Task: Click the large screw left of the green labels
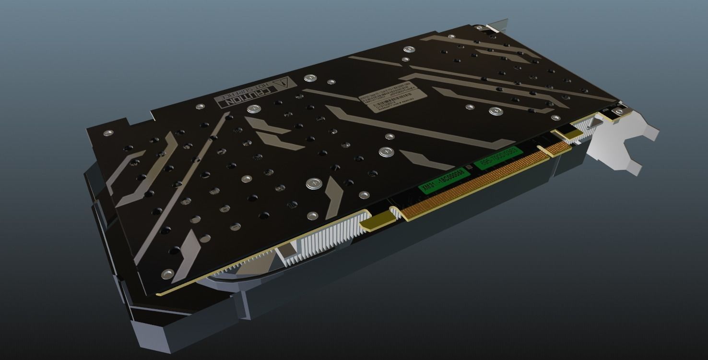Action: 386,152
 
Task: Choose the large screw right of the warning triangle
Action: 310,77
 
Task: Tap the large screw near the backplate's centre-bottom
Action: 313,183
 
